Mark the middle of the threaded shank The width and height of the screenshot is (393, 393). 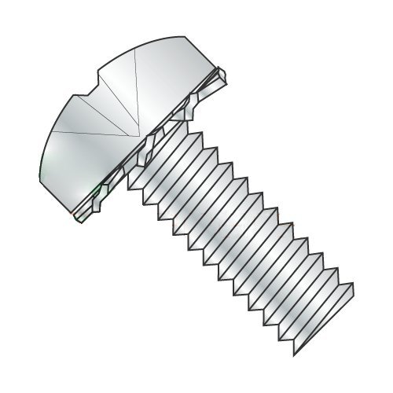[x=244, y=228]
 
